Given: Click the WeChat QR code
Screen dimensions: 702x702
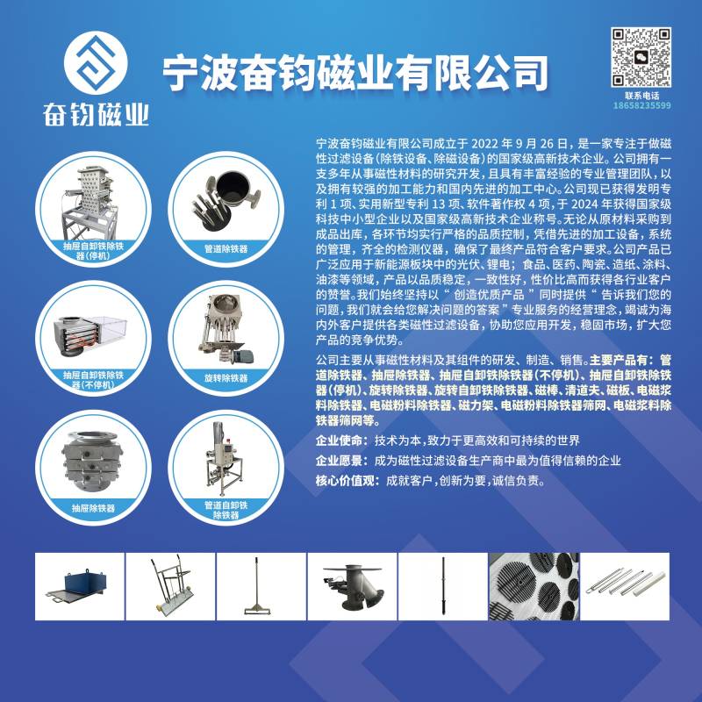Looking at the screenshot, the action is click(641, 57).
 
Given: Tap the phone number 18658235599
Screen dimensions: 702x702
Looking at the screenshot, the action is click(641, 105).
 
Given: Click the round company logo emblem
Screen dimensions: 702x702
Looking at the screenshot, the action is click(96, 62).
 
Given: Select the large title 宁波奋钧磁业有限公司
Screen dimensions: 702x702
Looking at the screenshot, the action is click(355, 73).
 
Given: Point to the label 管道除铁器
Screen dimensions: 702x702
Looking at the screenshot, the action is click(226, 249).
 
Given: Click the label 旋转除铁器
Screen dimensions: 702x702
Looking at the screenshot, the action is click(226, 378).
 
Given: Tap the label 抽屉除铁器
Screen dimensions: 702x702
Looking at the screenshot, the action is click(93, 508).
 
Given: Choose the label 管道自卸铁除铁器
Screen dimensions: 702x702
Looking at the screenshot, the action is click(226, 510).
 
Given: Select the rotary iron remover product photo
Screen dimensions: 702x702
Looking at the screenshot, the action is click(227, 328).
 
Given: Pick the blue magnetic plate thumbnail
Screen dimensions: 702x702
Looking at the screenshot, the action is click(80, 586).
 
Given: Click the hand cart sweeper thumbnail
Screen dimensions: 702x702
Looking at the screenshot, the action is click(170, 586).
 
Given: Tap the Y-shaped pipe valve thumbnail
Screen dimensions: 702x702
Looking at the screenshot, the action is click(352, 586).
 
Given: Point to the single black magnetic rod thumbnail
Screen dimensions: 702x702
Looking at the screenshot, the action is click(443, 586).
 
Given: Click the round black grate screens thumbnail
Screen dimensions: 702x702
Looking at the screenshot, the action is click(534, 586).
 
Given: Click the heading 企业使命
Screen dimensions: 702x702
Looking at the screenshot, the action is click(339, 441).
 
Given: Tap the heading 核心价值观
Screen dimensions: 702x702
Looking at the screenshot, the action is click(345, 481).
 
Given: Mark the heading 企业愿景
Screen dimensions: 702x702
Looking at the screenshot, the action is click(339, 461).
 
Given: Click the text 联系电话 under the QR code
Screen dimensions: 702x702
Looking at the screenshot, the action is click(642, 96).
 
